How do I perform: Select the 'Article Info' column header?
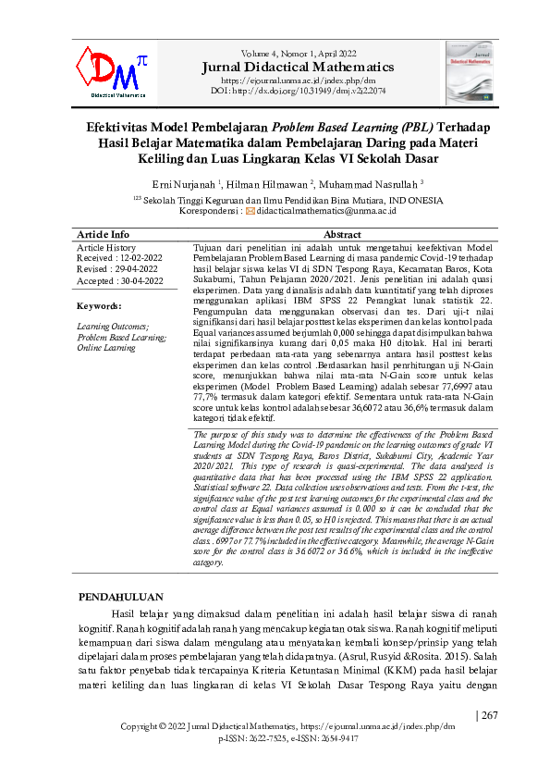[103, 235]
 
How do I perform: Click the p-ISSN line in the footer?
[288, 739]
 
